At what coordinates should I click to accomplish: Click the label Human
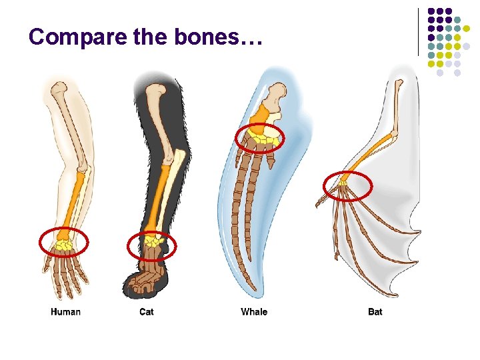(65, 311)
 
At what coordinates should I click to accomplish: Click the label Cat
(146, 311)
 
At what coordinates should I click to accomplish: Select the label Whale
(254, 311)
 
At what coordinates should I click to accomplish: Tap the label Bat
(375, 311)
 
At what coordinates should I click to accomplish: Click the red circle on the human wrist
(64, 243)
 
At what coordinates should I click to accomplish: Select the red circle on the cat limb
(152, 246)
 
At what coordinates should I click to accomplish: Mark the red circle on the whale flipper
(260, 139)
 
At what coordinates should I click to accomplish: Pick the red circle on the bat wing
(347, 186)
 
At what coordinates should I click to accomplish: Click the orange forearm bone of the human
(75, 200)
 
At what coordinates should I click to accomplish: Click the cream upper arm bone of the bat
(397, 107)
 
